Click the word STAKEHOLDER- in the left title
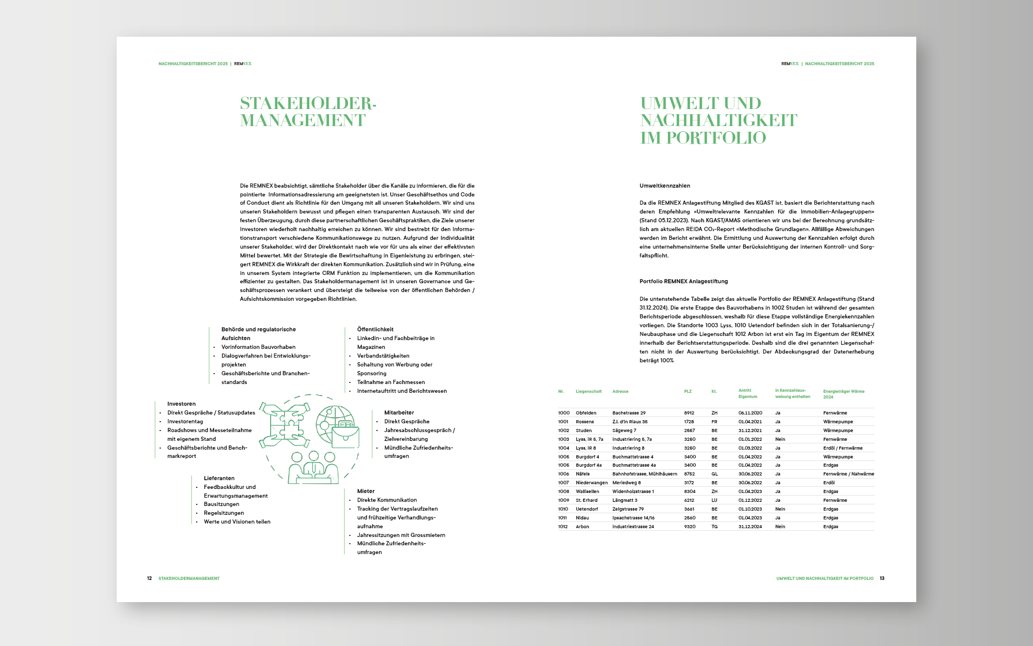308,103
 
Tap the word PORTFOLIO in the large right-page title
716,138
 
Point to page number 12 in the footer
149,578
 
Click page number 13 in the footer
882,578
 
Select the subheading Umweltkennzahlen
665,186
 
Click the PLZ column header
687,392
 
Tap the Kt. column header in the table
714,392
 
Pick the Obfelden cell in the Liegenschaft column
586,413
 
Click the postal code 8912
689,413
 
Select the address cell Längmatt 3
624,500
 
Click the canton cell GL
714,474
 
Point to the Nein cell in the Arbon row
780,527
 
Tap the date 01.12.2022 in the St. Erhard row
750,500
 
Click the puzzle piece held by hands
285,425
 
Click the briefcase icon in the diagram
345,436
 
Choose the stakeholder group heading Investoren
181,404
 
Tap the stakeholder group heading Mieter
366,491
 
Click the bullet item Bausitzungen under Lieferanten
221,504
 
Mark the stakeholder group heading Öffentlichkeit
375,329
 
